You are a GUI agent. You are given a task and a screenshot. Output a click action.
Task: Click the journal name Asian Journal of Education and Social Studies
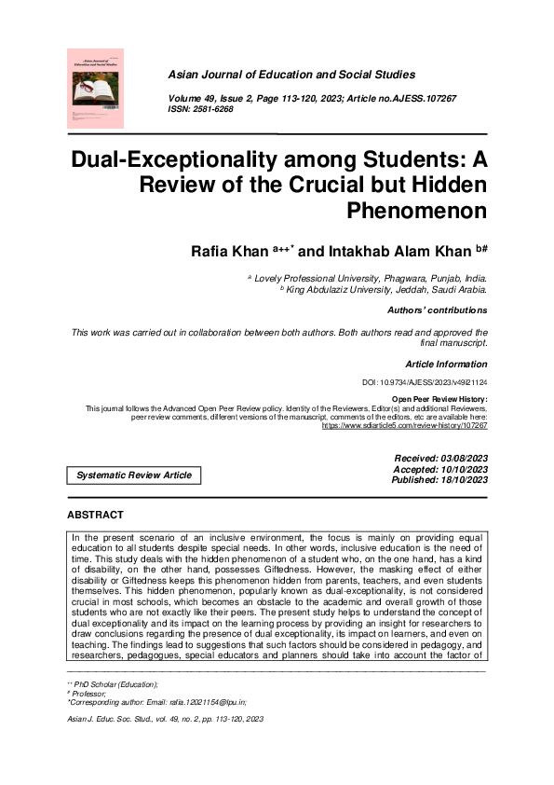pos(291,75)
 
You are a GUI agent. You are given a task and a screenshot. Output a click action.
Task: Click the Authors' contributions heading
pos(437,310)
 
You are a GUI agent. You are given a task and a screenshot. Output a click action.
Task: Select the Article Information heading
pos(446,365)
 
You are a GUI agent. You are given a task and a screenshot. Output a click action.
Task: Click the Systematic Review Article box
pos(134,475)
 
